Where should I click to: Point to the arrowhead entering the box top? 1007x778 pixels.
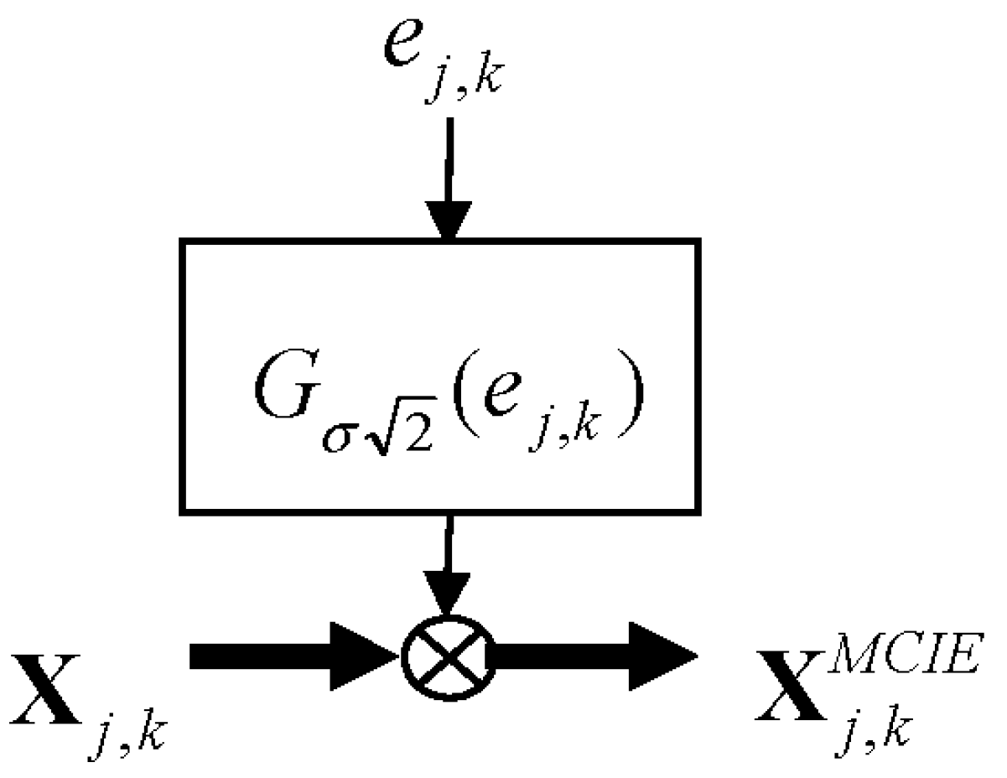point(449,220)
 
